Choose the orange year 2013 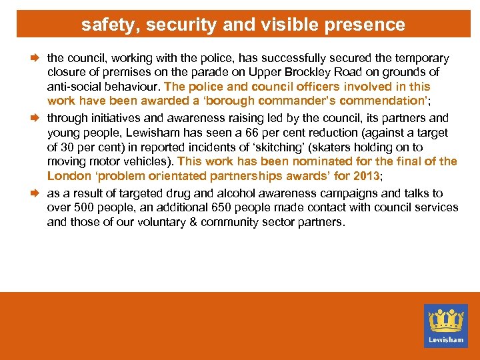(x=365, y=177)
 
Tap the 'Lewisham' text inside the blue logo (x=446, y=339)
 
